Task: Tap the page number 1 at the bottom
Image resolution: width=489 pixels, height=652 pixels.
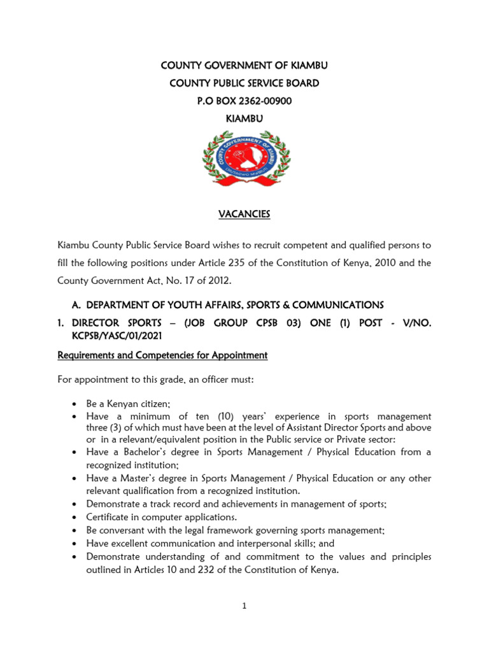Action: click(x=244, y=606)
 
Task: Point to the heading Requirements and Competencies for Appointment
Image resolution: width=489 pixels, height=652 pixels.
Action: click(x=162, y=355)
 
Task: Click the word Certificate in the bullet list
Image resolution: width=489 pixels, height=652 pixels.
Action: click(x=109, y=516)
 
